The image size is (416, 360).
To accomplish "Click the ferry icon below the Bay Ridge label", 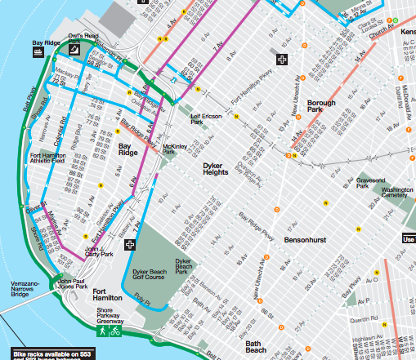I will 38,52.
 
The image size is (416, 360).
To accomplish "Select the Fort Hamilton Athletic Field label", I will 47,158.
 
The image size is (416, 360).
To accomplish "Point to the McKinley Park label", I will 169,149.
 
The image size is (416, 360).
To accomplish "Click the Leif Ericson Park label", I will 206,119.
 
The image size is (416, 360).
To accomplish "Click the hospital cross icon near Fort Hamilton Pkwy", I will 282,60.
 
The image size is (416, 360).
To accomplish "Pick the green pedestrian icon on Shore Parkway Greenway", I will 102,332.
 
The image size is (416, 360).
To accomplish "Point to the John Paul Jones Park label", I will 71,285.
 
